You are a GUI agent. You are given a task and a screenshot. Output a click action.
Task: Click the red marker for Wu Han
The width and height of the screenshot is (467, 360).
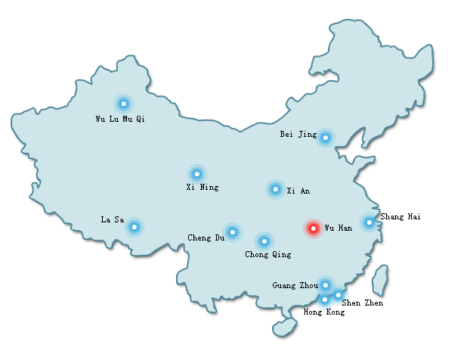[x=313, y=228]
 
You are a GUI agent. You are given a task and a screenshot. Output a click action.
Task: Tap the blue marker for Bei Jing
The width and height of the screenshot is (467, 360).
[x=325, y=138]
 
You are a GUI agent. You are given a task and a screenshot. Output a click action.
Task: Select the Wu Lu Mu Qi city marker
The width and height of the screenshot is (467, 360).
[x=123, y=104]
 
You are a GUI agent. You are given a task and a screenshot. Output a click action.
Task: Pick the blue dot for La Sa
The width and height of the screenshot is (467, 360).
[x=134, y=226]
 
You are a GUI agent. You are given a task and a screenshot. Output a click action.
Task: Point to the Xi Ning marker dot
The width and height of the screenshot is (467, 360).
[x=197, y=174]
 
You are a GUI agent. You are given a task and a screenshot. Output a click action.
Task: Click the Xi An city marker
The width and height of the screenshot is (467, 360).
[x=276, y=189]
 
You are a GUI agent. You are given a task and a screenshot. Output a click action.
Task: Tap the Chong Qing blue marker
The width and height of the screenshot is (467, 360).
[x=264, y=241]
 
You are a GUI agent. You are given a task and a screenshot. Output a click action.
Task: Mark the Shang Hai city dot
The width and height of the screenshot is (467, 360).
[x=369, y=222]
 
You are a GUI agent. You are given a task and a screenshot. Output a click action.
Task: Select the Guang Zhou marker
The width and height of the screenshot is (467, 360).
[x=325, y=284]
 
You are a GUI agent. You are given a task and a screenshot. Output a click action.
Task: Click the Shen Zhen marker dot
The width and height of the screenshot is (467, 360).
[x=338, y=294]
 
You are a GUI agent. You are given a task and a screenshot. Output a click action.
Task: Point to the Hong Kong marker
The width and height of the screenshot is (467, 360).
[x=325, y=299]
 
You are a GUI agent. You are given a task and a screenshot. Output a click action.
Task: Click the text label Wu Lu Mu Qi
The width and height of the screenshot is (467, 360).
[x=119, y=119]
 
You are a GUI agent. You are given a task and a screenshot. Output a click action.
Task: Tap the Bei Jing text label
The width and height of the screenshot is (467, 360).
[x=298, y=135]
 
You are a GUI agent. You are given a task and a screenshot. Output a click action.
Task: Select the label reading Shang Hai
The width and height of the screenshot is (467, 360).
[x=400, y=217]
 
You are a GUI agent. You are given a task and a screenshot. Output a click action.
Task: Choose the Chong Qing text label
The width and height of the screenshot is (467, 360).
[x=268, y=255]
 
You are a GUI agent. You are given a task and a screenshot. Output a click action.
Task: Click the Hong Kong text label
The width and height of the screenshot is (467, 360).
[x=323, y=312]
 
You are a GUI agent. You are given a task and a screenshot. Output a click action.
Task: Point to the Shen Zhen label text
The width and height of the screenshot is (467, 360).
[x=362, y=303]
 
